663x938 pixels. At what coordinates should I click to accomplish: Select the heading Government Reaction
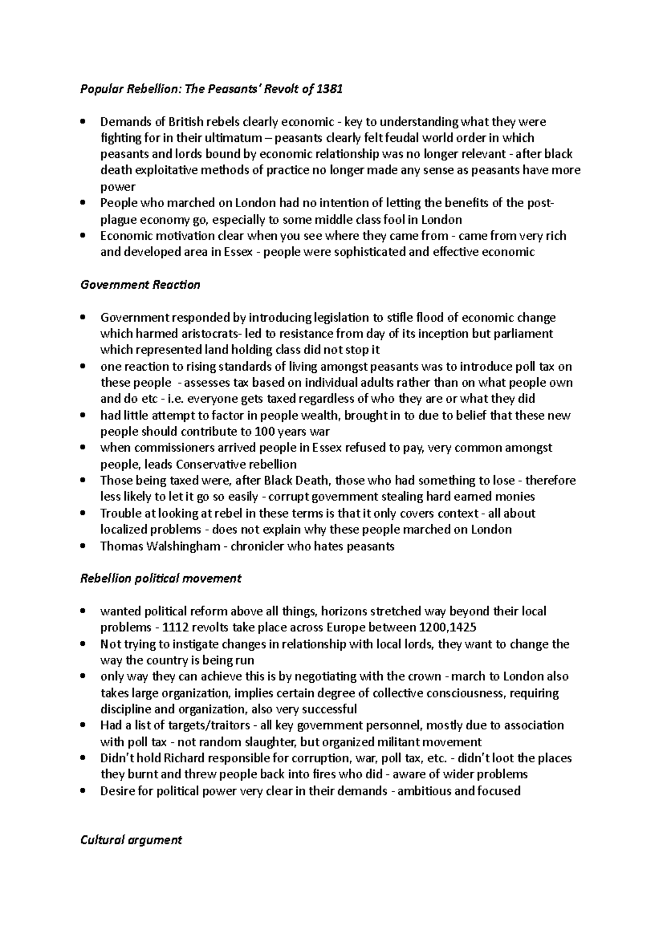click(x=140, y=285)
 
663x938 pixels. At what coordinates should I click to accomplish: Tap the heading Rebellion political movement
click(x=161, y=578)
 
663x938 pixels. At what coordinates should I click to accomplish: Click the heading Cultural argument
click(x=131, y=840)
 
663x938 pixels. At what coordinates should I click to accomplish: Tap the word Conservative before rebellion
click(x=218, y=464)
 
